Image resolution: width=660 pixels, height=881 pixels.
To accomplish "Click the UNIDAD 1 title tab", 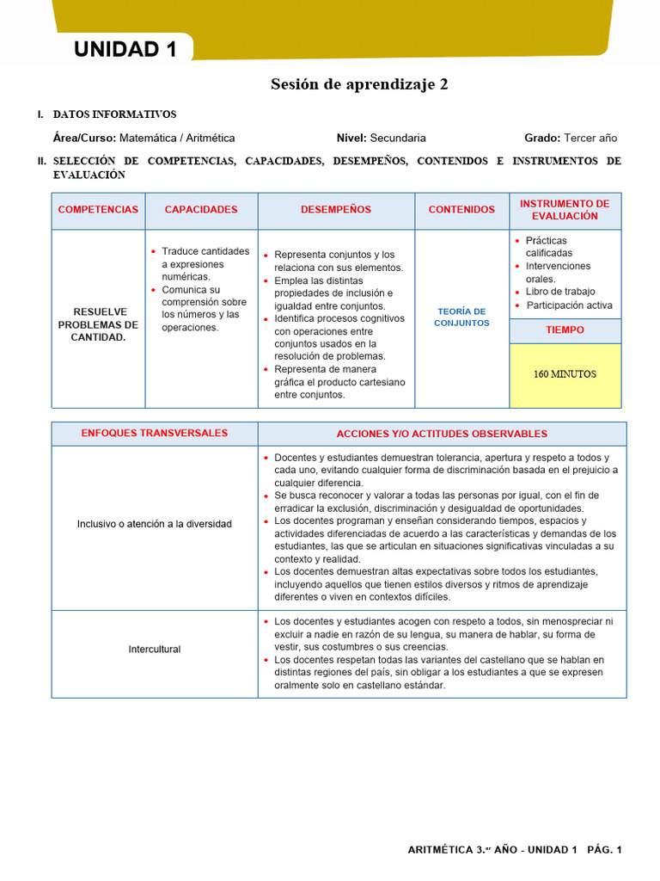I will [125, 50].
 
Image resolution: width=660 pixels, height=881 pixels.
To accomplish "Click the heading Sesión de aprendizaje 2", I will [359, 84].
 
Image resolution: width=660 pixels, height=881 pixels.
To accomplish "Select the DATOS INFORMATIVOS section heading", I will [114, 114].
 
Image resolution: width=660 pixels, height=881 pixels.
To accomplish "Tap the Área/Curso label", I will [84, 138].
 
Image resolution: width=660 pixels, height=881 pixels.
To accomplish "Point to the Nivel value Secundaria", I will [398, 138].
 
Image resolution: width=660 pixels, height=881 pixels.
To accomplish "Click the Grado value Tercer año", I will [590, 138].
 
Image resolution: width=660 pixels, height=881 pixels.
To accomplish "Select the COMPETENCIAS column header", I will [98, 210].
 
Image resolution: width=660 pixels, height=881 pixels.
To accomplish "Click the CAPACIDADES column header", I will [201, 210].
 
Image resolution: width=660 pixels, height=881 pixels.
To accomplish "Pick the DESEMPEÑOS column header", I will [336, 210].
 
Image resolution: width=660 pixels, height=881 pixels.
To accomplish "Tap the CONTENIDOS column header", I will [461, 210].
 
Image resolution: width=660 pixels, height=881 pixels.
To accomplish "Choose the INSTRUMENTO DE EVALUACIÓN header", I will [565, 210].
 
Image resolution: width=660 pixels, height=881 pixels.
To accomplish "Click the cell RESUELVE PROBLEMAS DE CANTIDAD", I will [98, 324].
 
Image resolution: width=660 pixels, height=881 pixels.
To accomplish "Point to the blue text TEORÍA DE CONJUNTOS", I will [461, 317].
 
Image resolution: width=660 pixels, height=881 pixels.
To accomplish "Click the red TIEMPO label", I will [565, 330].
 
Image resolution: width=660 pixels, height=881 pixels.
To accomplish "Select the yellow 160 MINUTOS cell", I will [565, 374].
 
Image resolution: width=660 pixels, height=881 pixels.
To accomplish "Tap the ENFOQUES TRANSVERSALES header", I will [155, 433].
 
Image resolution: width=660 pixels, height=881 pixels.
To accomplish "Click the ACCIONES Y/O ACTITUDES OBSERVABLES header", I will [442, 434].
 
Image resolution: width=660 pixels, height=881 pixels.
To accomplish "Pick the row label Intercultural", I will [155, 650].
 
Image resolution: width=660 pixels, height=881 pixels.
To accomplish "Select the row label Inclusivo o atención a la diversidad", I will [155, 524].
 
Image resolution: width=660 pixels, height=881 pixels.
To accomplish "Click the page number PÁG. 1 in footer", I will [604, 850].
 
